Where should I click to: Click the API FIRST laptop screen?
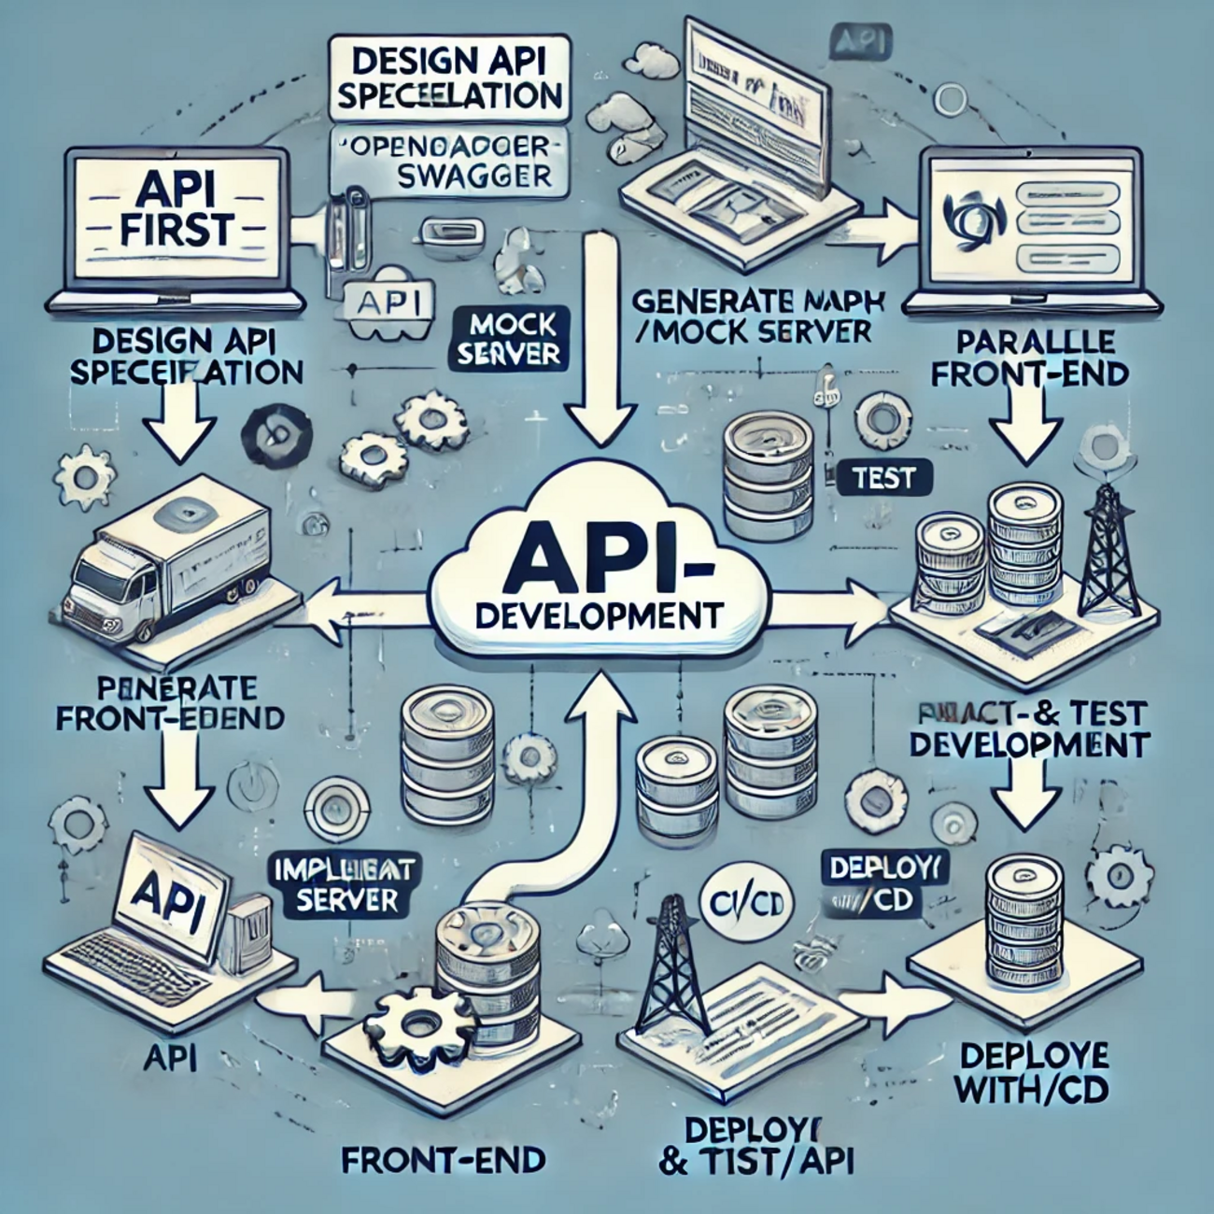[x=176, y=217]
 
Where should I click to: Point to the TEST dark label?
[x=883, y=478]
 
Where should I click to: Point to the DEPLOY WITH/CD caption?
[x=1034, y=1074]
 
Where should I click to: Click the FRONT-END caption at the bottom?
[x=443, y=1160]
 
